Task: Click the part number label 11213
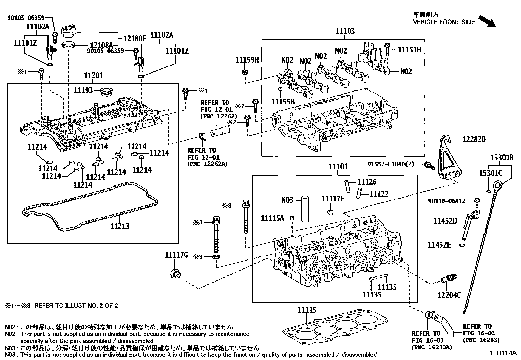pos(119,226)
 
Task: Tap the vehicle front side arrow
pos(487,21)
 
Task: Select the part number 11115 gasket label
pos(307,310)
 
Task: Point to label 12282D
pos(474,139)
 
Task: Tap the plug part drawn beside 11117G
pos(175,273)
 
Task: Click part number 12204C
pos(449,295)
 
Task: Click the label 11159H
pos(247,60)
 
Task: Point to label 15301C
pos(491,173)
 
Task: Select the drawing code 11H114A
pos(503,353)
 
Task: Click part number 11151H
pos(409,50)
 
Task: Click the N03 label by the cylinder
pos(287,199)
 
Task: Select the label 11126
pos(367,182)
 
